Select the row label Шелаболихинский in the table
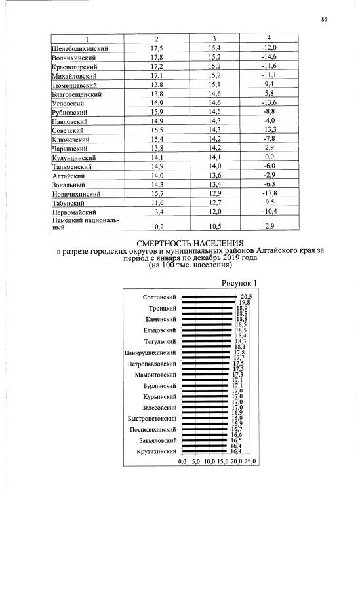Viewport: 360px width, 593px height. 79,48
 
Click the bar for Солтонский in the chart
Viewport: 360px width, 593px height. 209,297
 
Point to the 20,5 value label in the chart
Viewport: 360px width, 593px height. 246,297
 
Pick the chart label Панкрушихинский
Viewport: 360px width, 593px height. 151,353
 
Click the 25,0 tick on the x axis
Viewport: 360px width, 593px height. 251,461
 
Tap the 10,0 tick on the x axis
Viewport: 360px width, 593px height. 209,461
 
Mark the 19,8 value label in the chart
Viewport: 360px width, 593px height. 243,302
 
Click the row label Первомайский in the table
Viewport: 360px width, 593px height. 75,212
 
